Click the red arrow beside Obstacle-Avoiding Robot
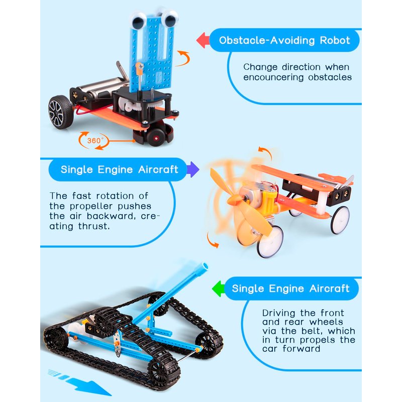pyautogui.click(x=203, y=40)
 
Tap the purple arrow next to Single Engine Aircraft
pyautogui.click(x=193, y=169)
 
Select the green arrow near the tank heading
pyautogui.click(x=218, y=288)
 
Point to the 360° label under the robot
pyautogui.click(x=95, y=141)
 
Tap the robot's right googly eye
pyautogui.click(x=169, y=18)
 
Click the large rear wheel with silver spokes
pyautogui.click(x=60, y=112)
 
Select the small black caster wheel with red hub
pyautogui.click(x=155, y=137)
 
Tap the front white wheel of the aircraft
pyautogui.click(x=270, y=241)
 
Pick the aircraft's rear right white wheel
pyautogui.click(x=340, y=220)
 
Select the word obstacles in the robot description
pyautogui.click(x=330, y=77)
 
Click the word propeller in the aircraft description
pyautogui.click(x=91, y=207)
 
